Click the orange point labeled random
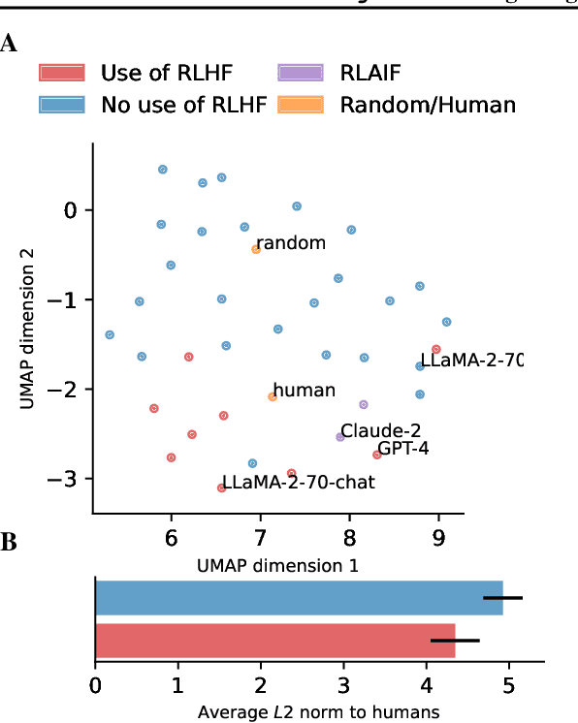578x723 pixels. coord(256,249)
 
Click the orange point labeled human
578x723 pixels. coord(273,396)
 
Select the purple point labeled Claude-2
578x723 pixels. coord(340,437)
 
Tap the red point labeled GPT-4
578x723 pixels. coord(376,455)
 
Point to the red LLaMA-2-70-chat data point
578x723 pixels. coord(222,487)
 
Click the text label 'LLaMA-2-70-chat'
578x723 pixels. coord(298,482)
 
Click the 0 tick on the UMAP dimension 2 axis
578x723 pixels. coord(71,210)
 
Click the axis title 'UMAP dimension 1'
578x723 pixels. coord(277,563)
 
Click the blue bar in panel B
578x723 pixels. coord(299,598)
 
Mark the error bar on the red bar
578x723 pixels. coord(455,641)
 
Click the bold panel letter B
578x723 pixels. coord(9,543)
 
